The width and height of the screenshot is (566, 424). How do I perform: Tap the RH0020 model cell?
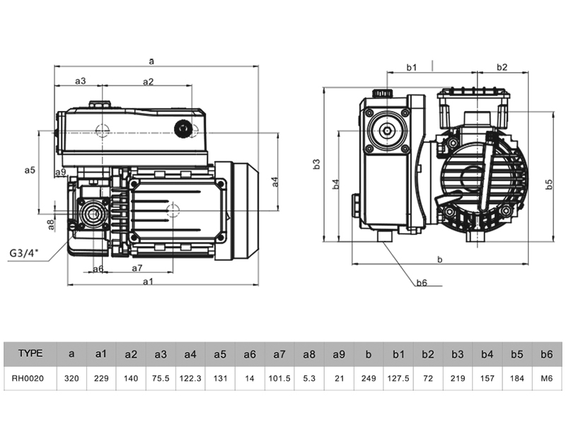[28, 378]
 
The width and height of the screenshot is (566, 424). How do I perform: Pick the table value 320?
[71, 378]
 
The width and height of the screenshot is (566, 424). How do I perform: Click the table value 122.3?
[190, 378]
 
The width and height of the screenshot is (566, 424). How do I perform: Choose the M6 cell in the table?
[546, 378]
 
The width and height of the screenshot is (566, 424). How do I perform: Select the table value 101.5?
[279, 378]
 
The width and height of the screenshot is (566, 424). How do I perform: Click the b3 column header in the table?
[457, 353]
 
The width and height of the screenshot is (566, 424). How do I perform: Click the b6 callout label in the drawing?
[422, 283]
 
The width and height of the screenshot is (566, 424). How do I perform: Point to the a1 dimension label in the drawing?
[149, 281]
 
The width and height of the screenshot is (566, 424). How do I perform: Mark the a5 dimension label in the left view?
[30, 170]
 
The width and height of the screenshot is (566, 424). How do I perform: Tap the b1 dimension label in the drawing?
[412, 67]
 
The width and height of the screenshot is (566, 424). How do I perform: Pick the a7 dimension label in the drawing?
[137, 269]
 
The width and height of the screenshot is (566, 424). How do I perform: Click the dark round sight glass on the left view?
[184, 129]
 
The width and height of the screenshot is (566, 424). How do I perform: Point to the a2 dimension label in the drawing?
[148, 81]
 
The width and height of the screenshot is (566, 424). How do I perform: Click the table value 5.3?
[309, 378]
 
